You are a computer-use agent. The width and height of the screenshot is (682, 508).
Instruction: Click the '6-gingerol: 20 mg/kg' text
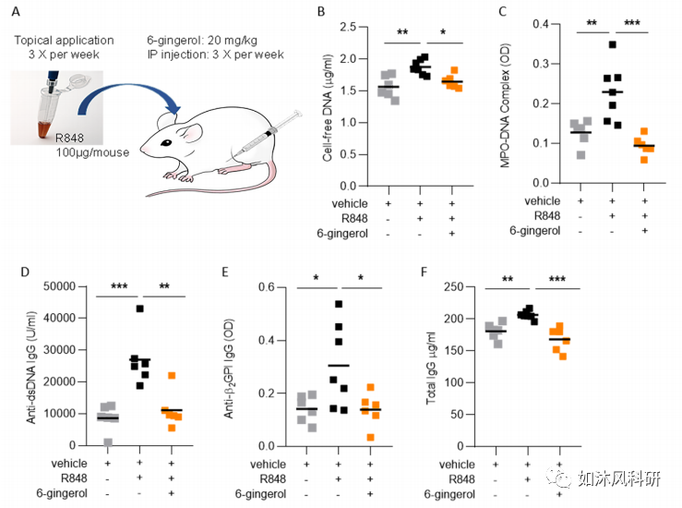pyautogui.click(x=205, y=41)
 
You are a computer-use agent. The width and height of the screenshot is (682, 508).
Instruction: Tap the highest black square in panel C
pyautogui.click(x=612, y=44)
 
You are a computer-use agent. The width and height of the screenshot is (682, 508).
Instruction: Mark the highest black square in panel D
pyautogui.click(x=139, y=308)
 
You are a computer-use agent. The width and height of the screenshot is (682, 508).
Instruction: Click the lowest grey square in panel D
pyautogui.click(x=108, y=442)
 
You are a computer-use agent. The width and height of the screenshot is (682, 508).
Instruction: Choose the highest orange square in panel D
pyautogui.click(x=171, y=376)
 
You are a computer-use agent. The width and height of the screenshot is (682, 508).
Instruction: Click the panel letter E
pyautogui.click(x=245, y=273)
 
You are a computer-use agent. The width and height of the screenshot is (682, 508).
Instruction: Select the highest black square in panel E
pyautogui.click(x=339, y=304)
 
